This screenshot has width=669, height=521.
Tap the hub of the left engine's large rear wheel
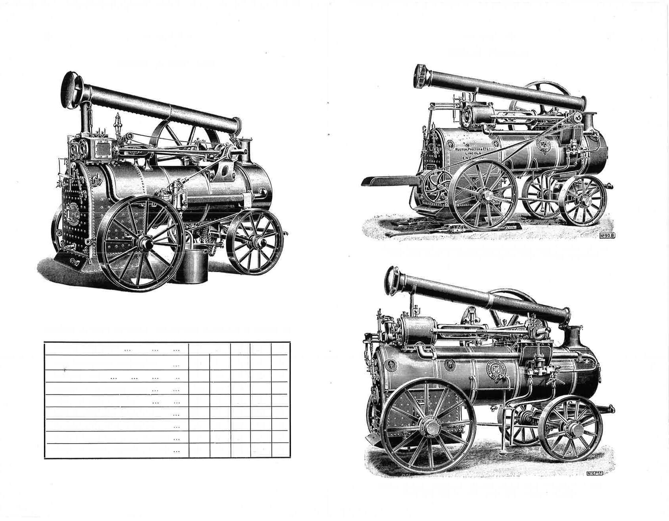(143, 244)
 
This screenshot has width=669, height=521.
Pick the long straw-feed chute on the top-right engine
(390, 181)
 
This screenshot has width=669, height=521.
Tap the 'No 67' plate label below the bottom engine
(594, 473)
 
